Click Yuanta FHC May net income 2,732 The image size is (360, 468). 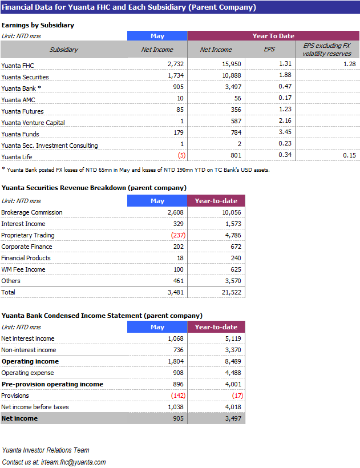tap(175, 64)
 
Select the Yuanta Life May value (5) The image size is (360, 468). tap(181, 155)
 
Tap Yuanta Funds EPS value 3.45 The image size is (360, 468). tap(285, 132)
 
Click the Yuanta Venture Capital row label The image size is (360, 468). tap(33, 123)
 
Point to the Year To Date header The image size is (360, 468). tap(273, 36)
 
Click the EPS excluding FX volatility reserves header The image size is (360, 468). tap(327, 50)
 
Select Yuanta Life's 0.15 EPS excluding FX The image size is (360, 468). tap(349, 155)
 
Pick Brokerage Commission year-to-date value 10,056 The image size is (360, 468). tap(232, 212)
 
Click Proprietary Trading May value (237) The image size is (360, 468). tap(178, 235)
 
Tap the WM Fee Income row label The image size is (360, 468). tap(23, 269)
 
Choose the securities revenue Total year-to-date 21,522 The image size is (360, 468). tap(232, 292)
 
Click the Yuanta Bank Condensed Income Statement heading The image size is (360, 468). tap(102, 316)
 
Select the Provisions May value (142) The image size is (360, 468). tap(178, 396)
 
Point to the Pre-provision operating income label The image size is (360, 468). tap(52, 384)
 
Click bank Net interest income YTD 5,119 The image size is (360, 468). tap(233, 339)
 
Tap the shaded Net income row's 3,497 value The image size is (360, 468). tap(233, 418)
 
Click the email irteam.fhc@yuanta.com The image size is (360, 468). tap(74, 462)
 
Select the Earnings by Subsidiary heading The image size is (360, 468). tap(38, 25)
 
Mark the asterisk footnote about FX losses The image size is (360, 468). tap(136, 170)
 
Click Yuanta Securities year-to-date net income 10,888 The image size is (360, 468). tap(232, 75)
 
